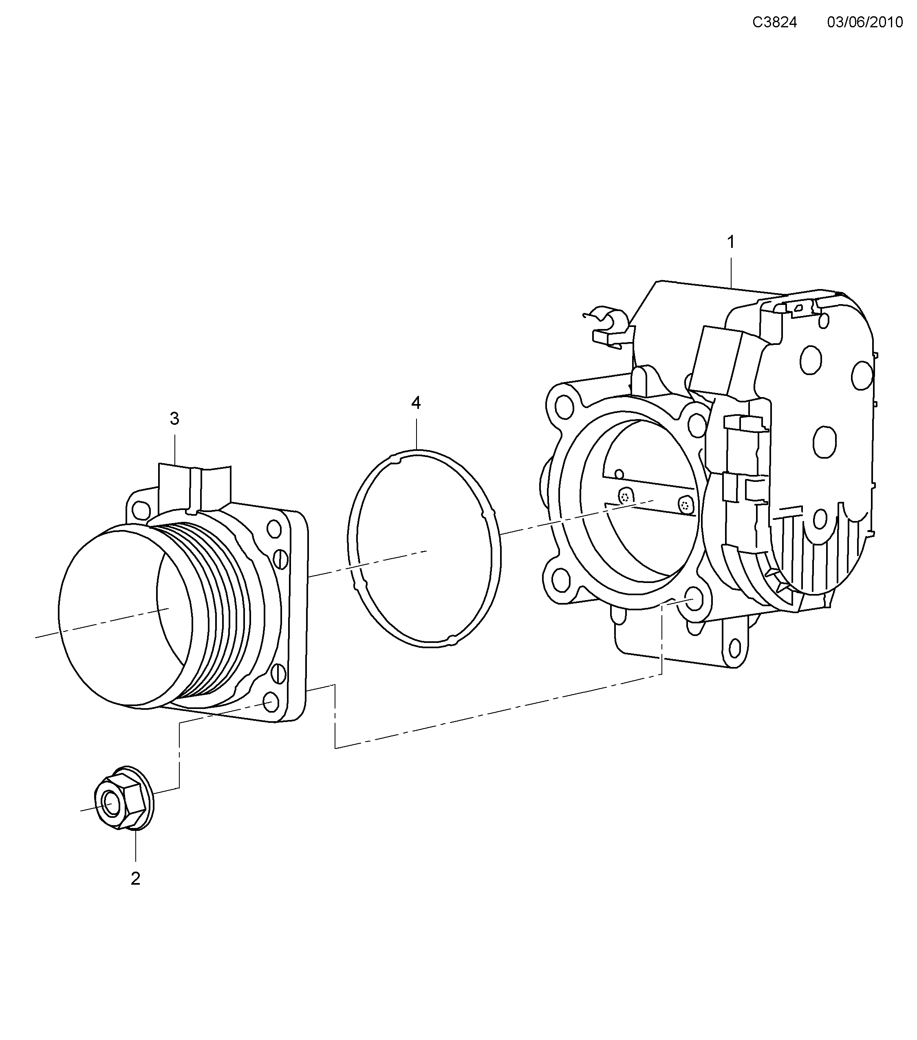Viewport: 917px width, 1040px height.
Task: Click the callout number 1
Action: click(731, 242)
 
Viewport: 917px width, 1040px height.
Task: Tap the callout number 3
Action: click(174, 419)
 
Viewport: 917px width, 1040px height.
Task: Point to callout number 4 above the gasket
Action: click(416, 403)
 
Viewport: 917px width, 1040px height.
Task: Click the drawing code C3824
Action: click(775, 22)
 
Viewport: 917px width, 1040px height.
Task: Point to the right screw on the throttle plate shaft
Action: click(686, 505)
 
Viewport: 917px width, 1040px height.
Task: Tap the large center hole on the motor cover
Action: click(824, 441)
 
